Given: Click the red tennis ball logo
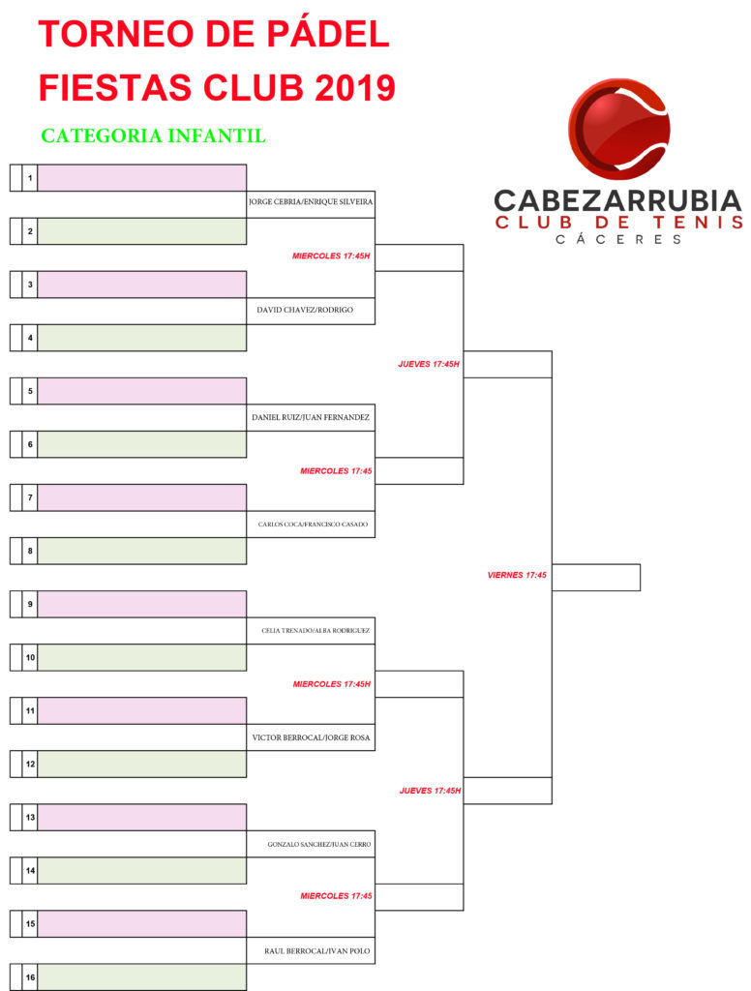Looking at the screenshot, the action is click(x=618, y=130).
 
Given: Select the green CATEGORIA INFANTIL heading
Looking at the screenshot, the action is click(x=154, y=135).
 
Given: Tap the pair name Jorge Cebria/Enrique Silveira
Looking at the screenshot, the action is click(x=311, y=201).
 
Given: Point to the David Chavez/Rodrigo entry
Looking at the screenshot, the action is click(x=305, y=310).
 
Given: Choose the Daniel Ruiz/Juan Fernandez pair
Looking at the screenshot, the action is click(x=311, y=417).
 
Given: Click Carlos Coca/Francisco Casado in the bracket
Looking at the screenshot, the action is click(x=313, y=524).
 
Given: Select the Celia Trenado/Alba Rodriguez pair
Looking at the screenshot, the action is click(x=315, y=631).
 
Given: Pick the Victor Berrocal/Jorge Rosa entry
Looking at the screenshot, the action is click(x=311, y=737).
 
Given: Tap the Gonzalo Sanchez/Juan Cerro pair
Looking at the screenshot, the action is click(x=319, y=844).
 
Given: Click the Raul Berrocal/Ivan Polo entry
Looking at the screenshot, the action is click(x=317, y=951).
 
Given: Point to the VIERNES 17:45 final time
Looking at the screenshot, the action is click(x=517, y=575).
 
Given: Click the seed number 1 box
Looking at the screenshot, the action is click(x=30, y=178).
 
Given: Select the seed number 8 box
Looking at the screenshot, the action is click(x=30, y=551).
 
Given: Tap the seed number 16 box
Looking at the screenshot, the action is click(x=30, y=977).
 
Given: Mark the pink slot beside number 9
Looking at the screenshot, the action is click(x=142, y=604).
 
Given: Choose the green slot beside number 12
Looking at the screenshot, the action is click(x=142, y=765).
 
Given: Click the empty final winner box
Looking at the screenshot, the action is click(x=596, y=578).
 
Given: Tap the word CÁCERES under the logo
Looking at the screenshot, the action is click(x=618, y=240).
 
